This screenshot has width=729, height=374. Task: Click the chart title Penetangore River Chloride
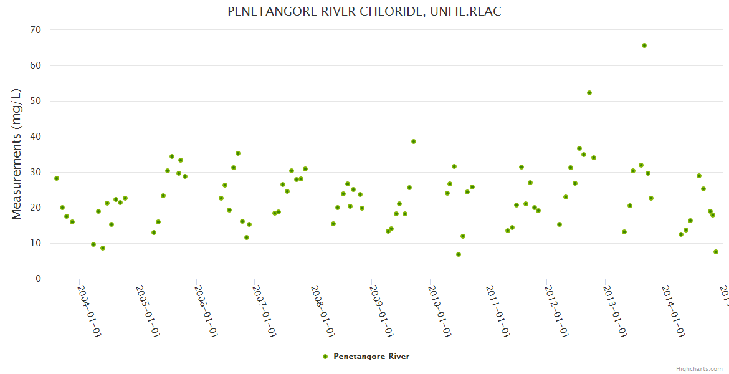point(364,12)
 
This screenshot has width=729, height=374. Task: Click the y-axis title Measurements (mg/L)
point(17,154)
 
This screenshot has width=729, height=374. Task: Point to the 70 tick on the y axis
point(36,30)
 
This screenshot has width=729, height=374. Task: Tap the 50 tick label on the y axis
point(36,101)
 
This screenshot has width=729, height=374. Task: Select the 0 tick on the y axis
point(38,279)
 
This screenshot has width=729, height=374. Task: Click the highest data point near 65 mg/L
point(644,46)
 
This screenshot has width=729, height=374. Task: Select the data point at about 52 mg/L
point(589,93)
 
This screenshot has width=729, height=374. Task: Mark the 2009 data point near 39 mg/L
point(414,141)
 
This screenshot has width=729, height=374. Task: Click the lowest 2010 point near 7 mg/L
point(459,254)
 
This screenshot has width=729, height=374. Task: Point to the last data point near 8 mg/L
point(716,252)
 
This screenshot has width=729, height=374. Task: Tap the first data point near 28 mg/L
point(57,178)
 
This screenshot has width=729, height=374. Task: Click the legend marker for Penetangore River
point(325,357)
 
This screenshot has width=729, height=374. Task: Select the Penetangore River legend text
point(371,357)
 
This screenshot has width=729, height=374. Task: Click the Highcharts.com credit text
point(699,368)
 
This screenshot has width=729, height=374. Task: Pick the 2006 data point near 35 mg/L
point(238,153)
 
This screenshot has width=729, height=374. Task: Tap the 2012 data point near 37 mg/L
point(579,148)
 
